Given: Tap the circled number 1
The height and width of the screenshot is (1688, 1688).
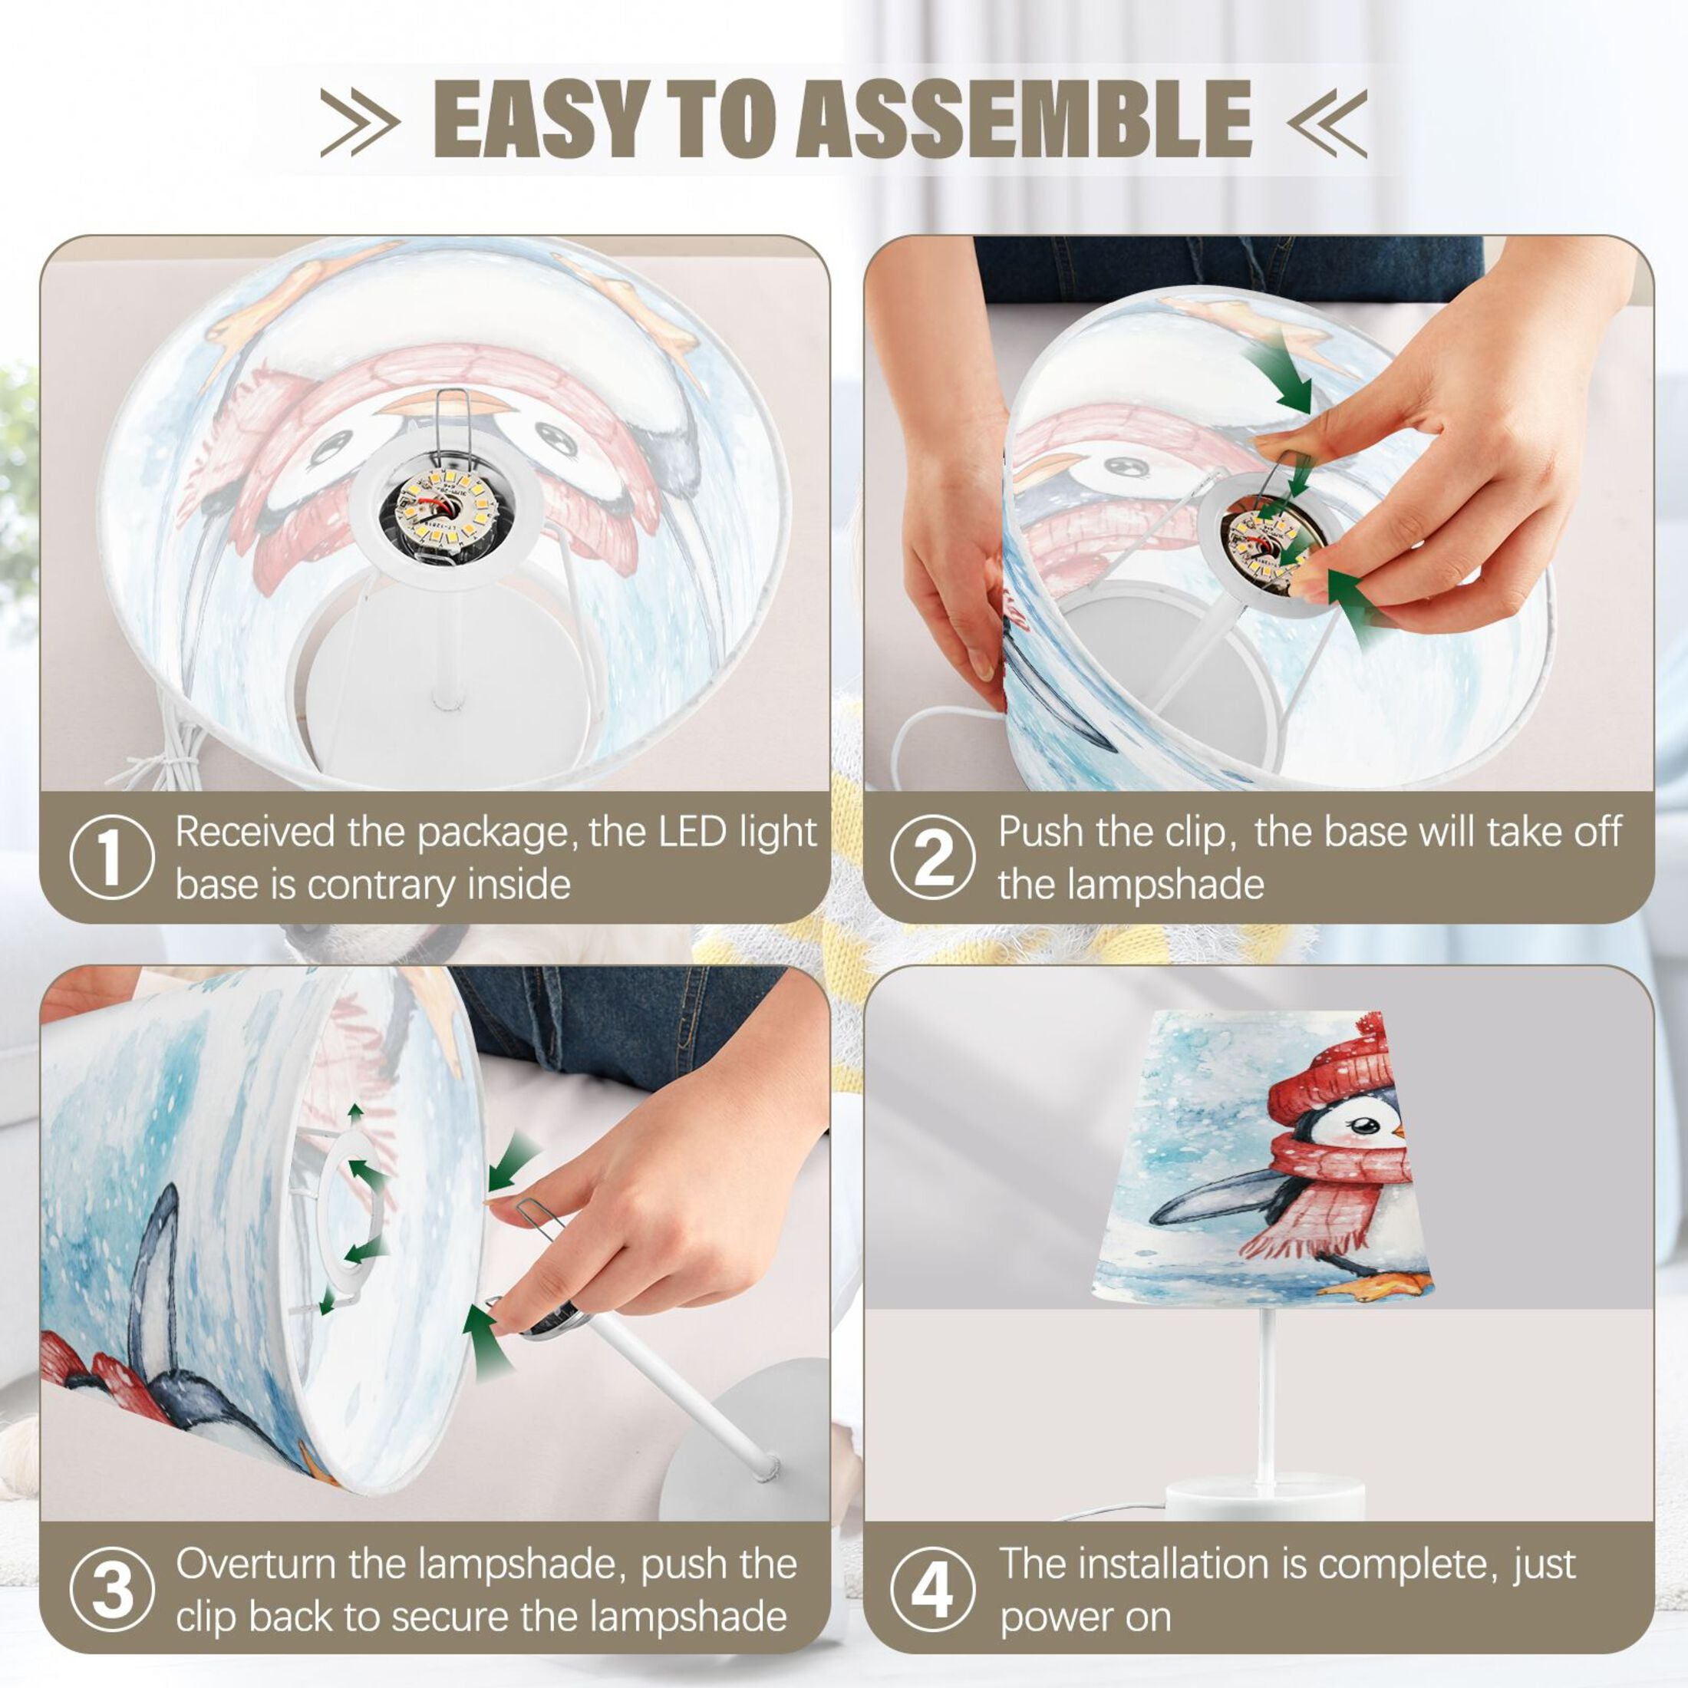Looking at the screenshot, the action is click(x=111, y=857).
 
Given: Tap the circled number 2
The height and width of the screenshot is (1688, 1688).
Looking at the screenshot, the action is click(x=932, y=857).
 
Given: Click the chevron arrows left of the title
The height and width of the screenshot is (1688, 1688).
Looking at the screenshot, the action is click(x=360, y=120).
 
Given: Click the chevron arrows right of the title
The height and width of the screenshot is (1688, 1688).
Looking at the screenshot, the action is click(x=1327, y=120).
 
